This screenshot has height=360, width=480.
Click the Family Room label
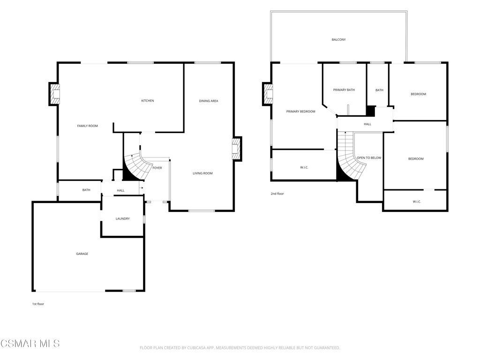click(88, 126)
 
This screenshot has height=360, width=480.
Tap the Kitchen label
click(148, 101)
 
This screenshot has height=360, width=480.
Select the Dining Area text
click(209, 101)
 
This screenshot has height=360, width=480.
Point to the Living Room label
click(202, 173)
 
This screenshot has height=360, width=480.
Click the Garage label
click(82, 254)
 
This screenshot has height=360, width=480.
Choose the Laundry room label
click(123, 218)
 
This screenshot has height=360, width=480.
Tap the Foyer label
click(157, 168)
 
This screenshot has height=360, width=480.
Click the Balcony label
click(339, 39)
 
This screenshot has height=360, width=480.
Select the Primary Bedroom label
click(300, 112)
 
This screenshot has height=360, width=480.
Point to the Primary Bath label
click(344, 90)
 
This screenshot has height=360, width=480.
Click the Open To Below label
click(369, 158)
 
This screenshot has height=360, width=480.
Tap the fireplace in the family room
click(54, 94)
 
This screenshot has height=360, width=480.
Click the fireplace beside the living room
click(237, 149)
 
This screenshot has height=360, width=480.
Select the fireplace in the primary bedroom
click(268, 94)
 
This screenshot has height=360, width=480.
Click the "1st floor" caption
click(38, 304)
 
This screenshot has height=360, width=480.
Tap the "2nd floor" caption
click(277, 194)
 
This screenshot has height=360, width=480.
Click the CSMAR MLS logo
click(30, 344)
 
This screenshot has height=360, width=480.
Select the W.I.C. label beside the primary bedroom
click(304, 167)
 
